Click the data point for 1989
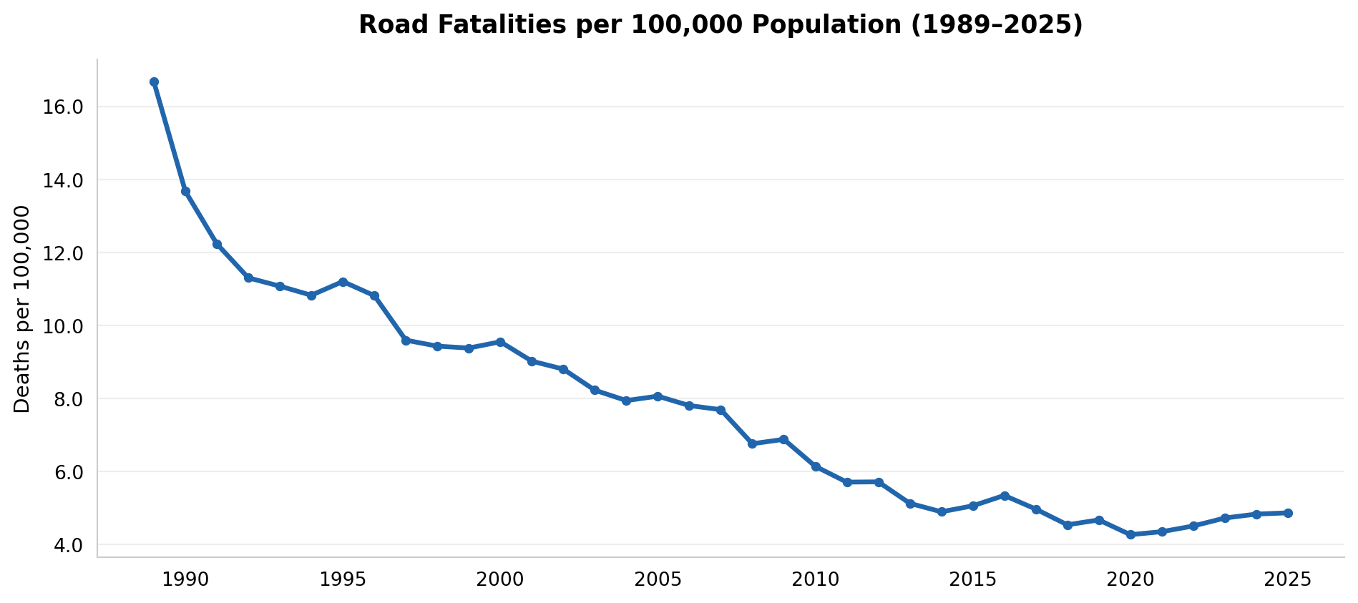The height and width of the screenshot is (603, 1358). (x=154, y=82)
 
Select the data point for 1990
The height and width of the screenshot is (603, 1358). (x=185, y=192)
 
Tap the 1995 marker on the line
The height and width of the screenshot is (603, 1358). (x=343, y=282)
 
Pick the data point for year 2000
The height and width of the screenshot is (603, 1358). (x=500, y=342)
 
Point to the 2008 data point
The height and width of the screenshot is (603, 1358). (x=752, y=444)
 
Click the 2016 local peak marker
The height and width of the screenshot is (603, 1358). (x=1005, y=496)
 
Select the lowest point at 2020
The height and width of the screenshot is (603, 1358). (x=1130, y=535)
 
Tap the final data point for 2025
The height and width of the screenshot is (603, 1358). (x=1288, y=513)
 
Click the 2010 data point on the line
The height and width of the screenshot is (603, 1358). (x=816, y=466)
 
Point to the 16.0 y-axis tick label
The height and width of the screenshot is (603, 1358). (x=64, y=107)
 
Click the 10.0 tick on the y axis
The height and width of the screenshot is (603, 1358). (x=64, y=326)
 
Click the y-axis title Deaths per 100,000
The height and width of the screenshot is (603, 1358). (x=23, y=309)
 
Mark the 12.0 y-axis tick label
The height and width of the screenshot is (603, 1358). (x=64, y=253)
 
